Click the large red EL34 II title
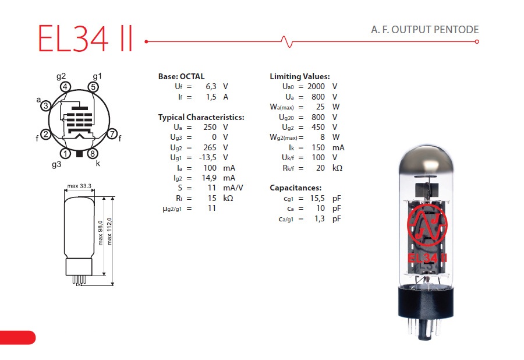[x=86, y=38]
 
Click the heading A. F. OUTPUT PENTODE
[x=425, y=30]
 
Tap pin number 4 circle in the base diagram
[x=65, y=87]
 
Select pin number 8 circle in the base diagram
[x=93, y=153]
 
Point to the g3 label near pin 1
[x=56, y=164]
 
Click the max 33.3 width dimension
[x=79, y=186]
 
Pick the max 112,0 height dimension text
[x=109, y=231]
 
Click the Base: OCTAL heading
[x=181, y=76]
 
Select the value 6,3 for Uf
[x=211, y=87]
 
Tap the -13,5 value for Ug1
[x=207, y=157]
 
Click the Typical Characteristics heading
[x=201, y=117]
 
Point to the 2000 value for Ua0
[x=316, y=87]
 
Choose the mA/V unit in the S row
[x=233, y=188]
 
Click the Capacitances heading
[x=295, y=188]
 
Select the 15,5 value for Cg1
[x=317, y=198]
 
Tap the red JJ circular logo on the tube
[x=427, y=225]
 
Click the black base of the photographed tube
[x=426, y=302]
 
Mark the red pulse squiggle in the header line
[x=286, y=41]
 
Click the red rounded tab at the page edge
[x=17, y=337]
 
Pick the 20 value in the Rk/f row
[x=320, y=168]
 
